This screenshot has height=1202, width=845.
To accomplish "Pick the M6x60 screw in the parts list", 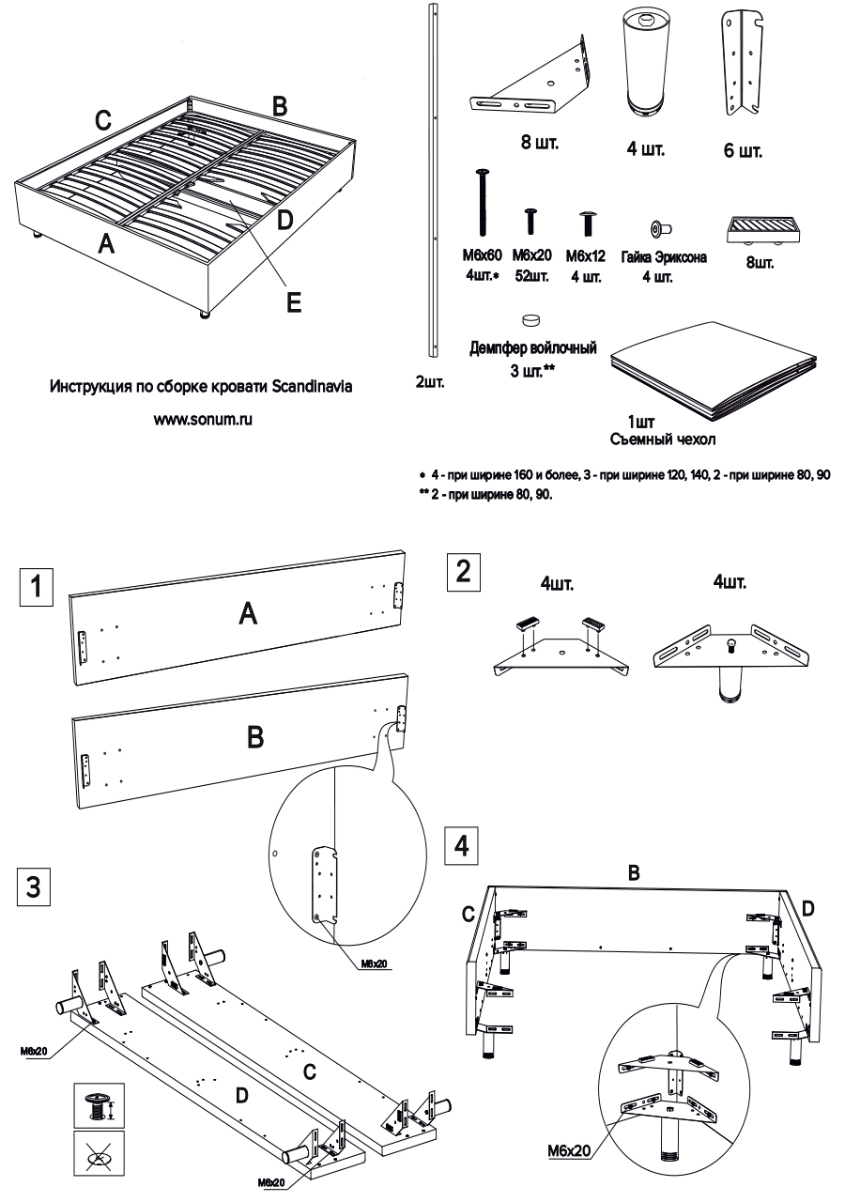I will coord(484,201).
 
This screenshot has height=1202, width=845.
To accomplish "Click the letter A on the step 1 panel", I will coord(247,614).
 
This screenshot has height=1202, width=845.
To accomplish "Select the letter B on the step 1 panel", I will coord(253,738).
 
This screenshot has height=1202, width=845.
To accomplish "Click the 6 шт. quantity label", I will coord(743,150).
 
